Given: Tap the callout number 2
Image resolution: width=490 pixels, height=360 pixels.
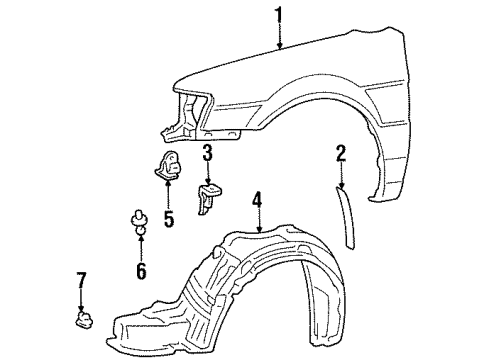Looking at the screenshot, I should click(x=340, y=153).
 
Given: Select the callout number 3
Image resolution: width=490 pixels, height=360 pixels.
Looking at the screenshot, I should click(x=208, y=153).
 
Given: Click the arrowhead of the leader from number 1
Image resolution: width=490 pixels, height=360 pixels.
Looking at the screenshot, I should click(x=280, y=48).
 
